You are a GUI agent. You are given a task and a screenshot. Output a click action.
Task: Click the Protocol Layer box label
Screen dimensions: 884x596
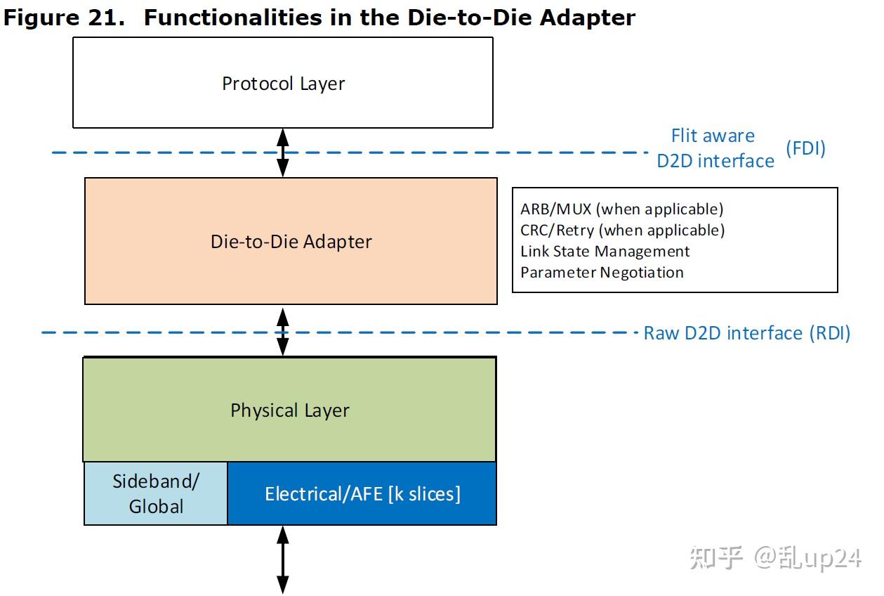(x=284, y=84)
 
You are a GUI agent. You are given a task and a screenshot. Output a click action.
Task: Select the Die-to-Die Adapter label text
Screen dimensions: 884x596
(x=291, y=242)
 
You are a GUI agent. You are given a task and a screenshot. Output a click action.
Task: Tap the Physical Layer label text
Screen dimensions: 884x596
(x=290, y=410)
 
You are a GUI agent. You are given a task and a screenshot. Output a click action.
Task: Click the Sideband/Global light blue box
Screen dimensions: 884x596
(x=156, y=493)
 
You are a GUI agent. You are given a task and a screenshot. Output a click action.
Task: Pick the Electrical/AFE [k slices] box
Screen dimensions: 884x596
(x=362, y=493)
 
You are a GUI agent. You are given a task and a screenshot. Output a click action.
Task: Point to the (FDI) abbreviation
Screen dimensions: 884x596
(x=805, y=148)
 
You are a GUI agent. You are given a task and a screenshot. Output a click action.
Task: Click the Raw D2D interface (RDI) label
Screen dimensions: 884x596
(x=746, y=333)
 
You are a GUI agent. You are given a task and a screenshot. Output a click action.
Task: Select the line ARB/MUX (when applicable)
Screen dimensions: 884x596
(x=622, y=209)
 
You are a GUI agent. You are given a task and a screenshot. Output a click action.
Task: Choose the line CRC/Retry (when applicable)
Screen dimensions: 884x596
(x=623, y=231)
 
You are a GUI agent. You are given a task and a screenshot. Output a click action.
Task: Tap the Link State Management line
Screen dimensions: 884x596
(x=605, y=251)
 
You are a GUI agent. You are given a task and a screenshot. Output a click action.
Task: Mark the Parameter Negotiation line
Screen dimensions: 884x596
(x=602, y=273)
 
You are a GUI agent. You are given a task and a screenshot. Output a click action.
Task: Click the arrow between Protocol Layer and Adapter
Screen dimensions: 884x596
(x=282, y=153)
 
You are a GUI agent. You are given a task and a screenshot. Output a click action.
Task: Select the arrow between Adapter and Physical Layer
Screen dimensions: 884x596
(x=282, y=332)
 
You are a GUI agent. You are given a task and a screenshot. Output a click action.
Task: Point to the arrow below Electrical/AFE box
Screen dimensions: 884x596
(x=282, y=560)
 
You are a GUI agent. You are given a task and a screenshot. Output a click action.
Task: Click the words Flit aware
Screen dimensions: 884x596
(x=713, y=136)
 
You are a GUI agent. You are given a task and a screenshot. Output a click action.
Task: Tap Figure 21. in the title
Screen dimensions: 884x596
(x=64, y=18)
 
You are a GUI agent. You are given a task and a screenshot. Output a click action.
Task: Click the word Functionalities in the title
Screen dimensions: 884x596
(x=233, y=18)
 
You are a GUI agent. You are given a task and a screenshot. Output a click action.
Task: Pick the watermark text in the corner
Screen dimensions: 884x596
(x=776, y=557)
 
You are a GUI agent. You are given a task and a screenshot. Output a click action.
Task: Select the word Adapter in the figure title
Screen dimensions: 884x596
(x=587, y=18)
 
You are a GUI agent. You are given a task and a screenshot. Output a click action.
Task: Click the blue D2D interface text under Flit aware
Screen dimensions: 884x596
(x=715, y=161)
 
